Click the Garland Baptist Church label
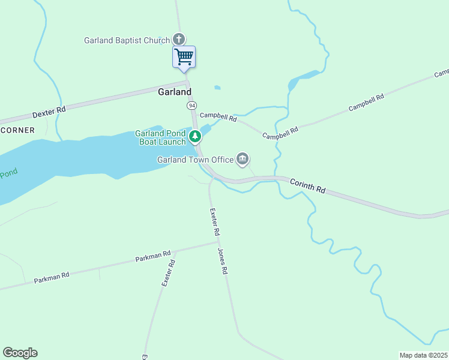click(x=127, y=40)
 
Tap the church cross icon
click(x=178, y=40)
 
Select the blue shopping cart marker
click(x=184, y=58)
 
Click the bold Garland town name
click(x=174, y=92)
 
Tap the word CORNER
click(x=17, y=130)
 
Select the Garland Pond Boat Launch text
click(x=160, y=137)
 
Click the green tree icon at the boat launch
click(x=194, y=137)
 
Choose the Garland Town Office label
click(x=195, y=160)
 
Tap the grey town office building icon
click(x=243, y=159)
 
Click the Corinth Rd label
click(x=308, y=185)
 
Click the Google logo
click(x=20, y=352)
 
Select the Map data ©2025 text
click(x=423, y=355)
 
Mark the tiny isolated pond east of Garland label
click(x=217, y=88)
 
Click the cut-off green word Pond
click(x=8, y=174)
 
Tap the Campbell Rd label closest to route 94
click(x=218, y=117)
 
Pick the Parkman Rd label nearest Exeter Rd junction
click(x=153, y=256)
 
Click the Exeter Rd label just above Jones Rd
click(x=215, y=221)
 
